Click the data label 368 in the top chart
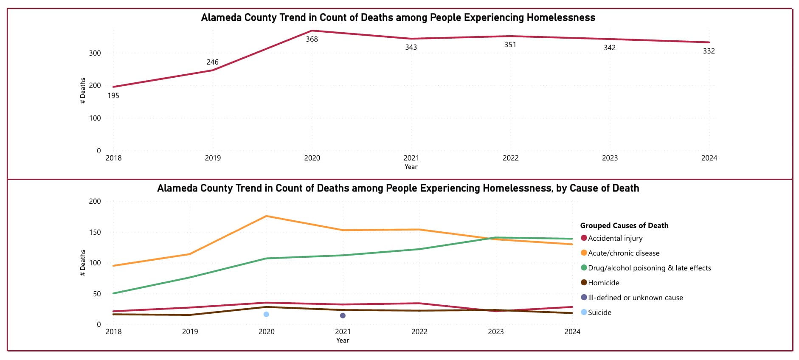coord(312,39)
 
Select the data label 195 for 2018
coord(113,96)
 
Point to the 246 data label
coord(212,62)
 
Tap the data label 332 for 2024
coord(709,51)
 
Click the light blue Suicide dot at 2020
coord(266,315)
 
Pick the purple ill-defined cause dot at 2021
coord(343,315)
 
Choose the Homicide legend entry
coord(603,283)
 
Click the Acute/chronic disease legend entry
coord(623,253)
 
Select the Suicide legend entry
coord(599,312)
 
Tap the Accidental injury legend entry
coord(615,238)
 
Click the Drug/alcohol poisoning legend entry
coord(649,268)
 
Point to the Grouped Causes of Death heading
coord(624,225)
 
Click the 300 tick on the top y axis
coord(95,53)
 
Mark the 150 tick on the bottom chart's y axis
coord(95,232)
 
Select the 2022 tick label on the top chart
coord(510,158)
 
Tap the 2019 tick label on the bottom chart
coord(190,332)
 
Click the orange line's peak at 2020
coord(266,216)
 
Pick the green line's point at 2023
coord(495,238)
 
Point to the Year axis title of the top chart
coord(411,167)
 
